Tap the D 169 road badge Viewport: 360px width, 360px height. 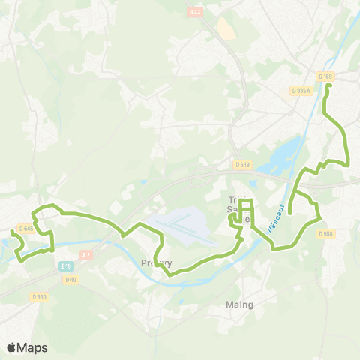[x=325, y=76]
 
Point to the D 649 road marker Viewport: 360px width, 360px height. [x=241, y=165]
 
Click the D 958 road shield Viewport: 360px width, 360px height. [x=325, y=233]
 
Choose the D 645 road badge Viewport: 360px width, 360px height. [x=26, y=229]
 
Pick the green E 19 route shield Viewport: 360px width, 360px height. [x=67, y=266]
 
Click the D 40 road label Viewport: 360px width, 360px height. [x=71, y=280]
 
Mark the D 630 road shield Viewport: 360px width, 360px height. [x=39, y=296]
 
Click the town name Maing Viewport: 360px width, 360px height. [x=240, y=304]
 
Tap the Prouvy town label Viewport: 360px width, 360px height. [x=157, y=263]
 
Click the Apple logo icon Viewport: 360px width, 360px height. [x=12, y=347]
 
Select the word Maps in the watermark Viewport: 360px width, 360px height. [x=33, y=347]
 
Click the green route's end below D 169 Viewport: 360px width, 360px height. [x=328, y=86]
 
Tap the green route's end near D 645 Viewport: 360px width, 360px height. [x=12, y=231]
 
